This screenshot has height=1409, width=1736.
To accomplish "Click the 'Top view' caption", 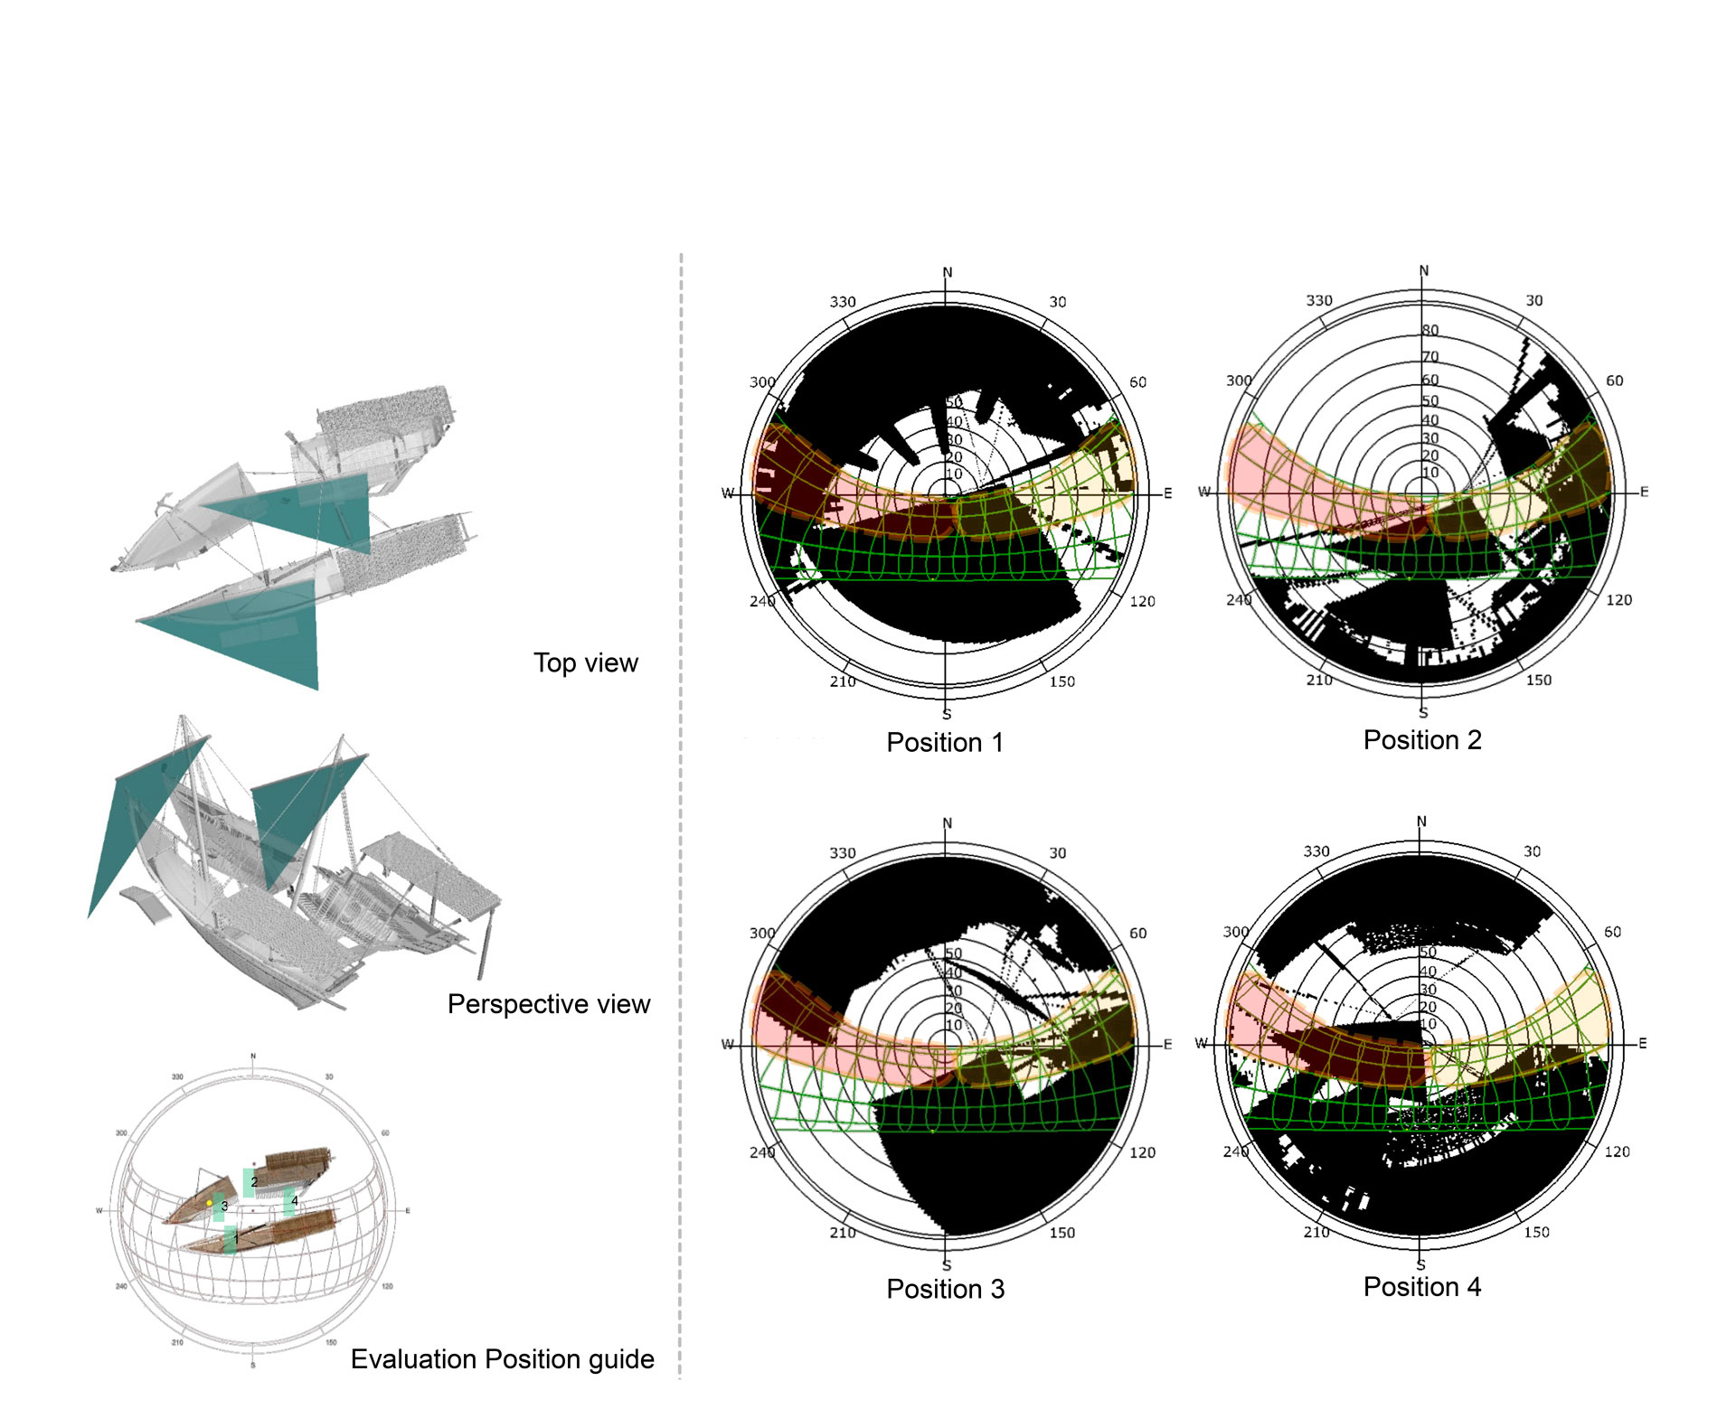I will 585,662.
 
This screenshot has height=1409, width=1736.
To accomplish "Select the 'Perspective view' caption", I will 548,1004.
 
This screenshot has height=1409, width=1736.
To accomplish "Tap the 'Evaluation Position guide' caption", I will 502,1359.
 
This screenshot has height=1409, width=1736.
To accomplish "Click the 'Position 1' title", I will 945,742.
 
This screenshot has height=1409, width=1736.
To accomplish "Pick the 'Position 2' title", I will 1422,740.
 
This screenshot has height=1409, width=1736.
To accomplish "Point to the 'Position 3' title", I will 945,1289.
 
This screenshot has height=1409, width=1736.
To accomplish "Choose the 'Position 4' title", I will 1422,1287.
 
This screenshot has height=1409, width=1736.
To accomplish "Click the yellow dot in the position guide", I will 210,1203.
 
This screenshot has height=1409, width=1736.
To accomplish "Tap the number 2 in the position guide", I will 254,1181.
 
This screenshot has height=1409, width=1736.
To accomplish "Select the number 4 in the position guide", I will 294,1200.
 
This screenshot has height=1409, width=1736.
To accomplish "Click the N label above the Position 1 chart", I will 948,272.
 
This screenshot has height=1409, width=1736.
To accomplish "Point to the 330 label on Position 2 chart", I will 1319,300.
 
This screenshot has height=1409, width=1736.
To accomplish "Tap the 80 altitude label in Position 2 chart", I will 1429,331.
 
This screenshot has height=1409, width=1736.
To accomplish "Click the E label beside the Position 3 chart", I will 1167,1045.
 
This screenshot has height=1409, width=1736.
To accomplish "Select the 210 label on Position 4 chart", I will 1316,1232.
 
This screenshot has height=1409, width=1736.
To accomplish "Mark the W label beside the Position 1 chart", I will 727,493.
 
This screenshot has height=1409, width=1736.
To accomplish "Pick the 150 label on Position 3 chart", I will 1062,1233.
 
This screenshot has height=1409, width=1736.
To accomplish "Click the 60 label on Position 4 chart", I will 1612,932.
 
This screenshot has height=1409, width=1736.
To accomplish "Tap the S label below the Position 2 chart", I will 1423,713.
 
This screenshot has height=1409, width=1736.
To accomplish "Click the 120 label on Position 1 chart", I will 1142,601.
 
